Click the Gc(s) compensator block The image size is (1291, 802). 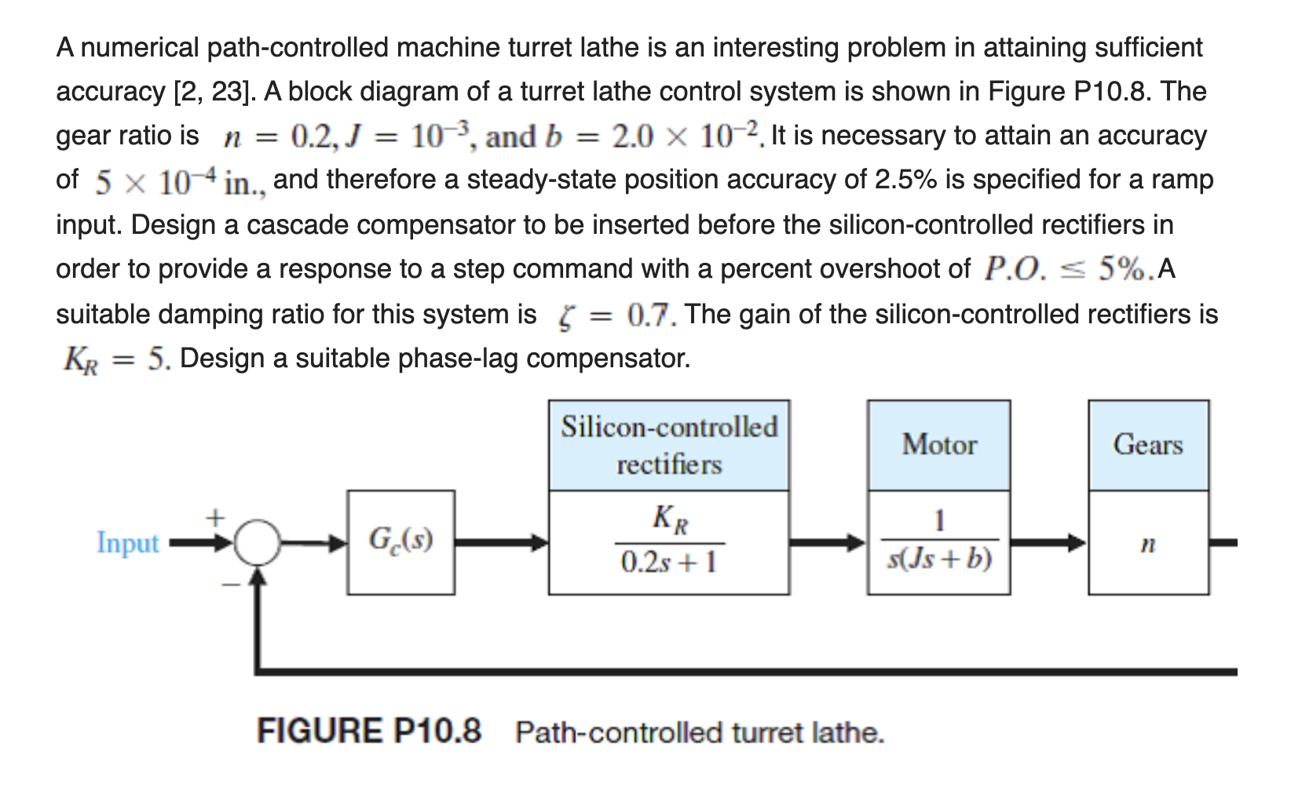400,541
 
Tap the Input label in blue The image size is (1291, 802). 127,542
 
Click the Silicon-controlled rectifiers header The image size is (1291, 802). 668,445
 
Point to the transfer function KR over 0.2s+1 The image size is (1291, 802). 668,541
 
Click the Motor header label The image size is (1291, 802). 938,445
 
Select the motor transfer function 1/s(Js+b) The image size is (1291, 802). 938,541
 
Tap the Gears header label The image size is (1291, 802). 1147,445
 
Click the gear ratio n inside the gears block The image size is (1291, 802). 1147,543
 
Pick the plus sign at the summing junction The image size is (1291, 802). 214,517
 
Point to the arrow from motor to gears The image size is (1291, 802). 1048,541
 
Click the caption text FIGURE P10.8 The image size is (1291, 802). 369,731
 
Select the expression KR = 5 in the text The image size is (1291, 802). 116,359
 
